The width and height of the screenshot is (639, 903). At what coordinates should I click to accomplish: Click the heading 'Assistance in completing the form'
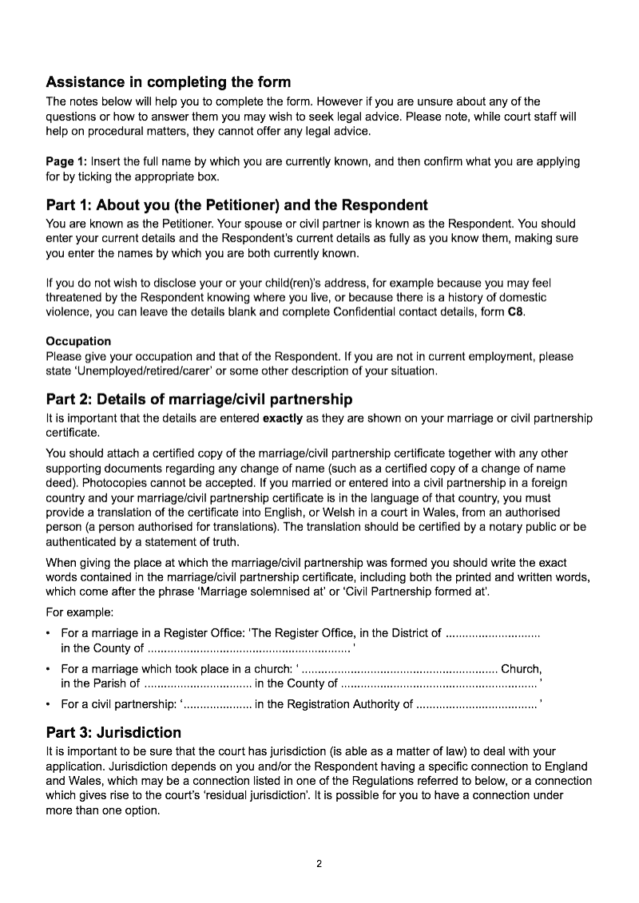[x=169, y=82]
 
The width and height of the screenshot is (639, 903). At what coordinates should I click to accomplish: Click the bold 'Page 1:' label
[x=66, y=161]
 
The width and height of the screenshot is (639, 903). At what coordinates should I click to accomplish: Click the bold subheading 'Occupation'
[x=78, y=342]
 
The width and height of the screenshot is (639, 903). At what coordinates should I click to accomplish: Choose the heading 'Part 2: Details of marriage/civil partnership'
[x=200, y=399]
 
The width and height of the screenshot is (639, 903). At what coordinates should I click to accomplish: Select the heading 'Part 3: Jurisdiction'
[x=114, y=733]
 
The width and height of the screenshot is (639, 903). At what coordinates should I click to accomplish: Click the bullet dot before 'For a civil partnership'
[x=50, y=704]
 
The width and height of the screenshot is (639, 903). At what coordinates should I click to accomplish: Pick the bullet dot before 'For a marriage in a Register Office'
[x=50, y=634]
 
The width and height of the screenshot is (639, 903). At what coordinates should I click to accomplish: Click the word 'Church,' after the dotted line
[x=522, y=669]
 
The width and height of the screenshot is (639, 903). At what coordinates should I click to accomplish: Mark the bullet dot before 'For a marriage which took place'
[x=50, y=669]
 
